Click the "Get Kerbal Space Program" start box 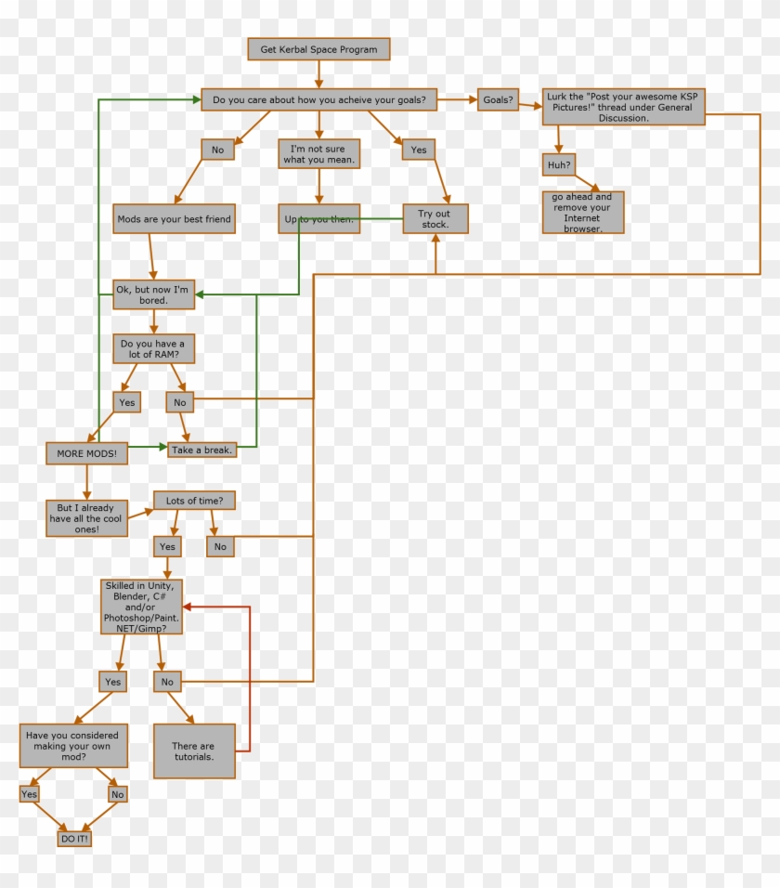(318, 48)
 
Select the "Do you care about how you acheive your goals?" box (318, 99)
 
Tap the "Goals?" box (498, 99)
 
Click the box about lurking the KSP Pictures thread (623, 106)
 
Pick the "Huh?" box (557, 164)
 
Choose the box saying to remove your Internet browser (582, 212)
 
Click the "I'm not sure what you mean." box (318, 153)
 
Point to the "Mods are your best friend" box (174, 219)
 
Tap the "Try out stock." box (435, 218)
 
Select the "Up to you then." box (318, 219)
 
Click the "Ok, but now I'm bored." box (153, 294)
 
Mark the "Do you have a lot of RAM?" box (154, 349)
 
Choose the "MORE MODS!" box (86, 453)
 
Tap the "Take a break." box (201, 450)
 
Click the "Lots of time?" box (194, 501)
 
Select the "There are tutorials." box (193, 751)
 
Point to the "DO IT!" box (74, 838)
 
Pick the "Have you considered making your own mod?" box (73, 746)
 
